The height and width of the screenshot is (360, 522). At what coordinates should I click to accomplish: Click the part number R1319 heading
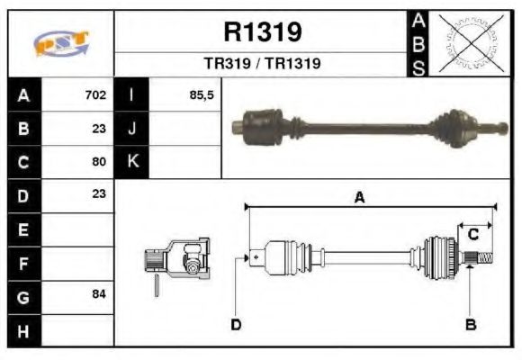[x=262, y=33]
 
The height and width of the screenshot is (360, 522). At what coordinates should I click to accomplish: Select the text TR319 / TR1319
[x=262, y=65]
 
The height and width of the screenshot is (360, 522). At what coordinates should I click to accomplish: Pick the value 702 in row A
[x=95, y=94]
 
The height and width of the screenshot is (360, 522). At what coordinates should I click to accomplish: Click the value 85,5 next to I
[x=202, y=94]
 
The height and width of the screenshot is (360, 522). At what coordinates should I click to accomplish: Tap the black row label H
[x=24, y=330]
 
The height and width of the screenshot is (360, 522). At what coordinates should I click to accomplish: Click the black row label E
[x=24, y=229]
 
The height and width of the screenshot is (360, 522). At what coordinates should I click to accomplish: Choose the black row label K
[x=131, y=162]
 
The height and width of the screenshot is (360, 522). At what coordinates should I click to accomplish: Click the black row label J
[x=131, y=128]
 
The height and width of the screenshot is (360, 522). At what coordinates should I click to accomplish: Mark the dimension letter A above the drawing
[x=359, y=199]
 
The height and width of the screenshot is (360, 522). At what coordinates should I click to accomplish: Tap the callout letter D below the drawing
[x=236, y=324]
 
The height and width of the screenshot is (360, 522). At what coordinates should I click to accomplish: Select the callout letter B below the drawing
[x=469, y=324]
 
